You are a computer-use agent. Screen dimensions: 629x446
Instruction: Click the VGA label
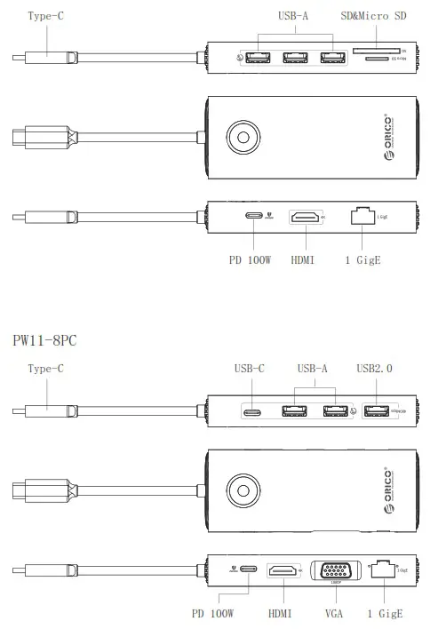click(x=334, y=614)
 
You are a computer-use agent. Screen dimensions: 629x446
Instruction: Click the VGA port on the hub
click(x=334, y=570)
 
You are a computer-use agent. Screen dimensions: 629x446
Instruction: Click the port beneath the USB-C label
click(x=252, y=410)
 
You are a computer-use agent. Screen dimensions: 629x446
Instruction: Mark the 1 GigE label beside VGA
click(x=386, y=614)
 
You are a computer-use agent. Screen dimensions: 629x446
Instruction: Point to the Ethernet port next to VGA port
click(x=385, y=569)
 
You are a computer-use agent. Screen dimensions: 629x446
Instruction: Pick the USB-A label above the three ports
click(x=294, y=17)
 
